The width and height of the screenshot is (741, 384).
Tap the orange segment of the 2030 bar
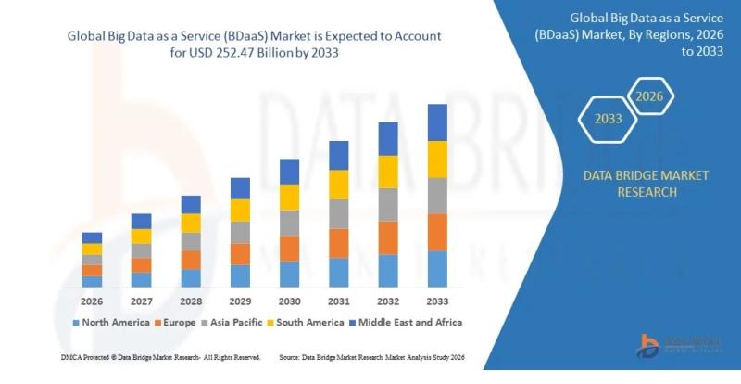[289, 249]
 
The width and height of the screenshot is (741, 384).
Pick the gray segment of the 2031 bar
[338, 214]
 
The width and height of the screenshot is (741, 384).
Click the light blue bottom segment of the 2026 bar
[92, 281]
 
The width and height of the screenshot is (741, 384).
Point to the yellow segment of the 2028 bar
[191, 223]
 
